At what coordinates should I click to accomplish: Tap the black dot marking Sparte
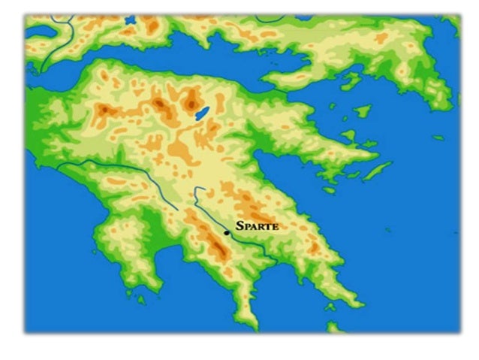pos(227,233)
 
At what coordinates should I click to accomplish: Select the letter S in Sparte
pos(239,225)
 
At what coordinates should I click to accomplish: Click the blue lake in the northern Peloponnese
pos(202,113)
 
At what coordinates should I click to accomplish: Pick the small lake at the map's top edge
pos(131,20)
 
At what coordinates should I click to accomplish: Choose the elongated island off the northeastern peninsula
pos(377,171)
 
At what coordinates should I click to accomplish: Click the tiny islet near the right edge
pos(438,138)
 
